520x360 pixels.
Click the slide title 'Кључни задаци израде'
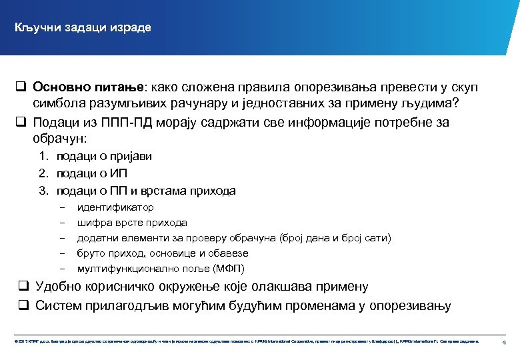coord(84,27)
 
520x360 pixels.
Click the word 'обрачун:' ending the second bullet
coord(59,139)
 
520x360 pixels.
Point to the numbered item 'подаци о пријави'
coord(104,156)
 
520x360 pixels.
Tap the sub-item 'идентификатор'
coord(115,207)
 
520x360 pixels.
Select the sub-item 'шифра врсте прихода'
coord(132,223)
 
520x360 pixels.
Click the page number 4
coord(505,342)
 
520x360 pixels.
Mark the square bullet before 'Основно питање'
coord(21,87)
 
